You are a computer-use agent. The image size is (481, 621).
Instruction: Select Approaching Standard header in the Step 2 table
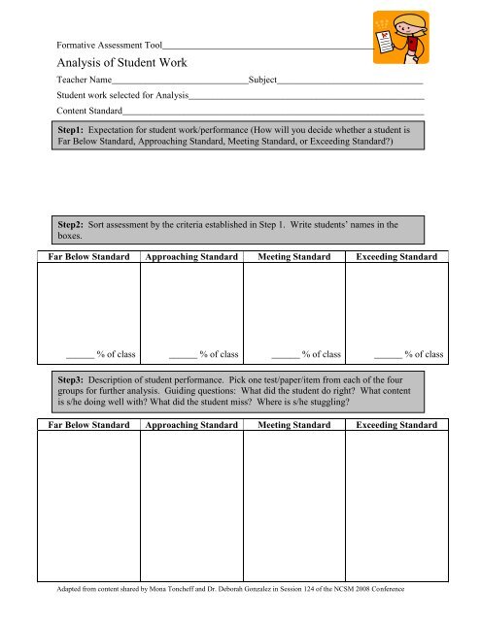click(190, 257)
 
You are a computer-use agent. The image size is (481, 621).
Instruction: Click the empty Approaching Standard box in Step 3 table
click(190, 505)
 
